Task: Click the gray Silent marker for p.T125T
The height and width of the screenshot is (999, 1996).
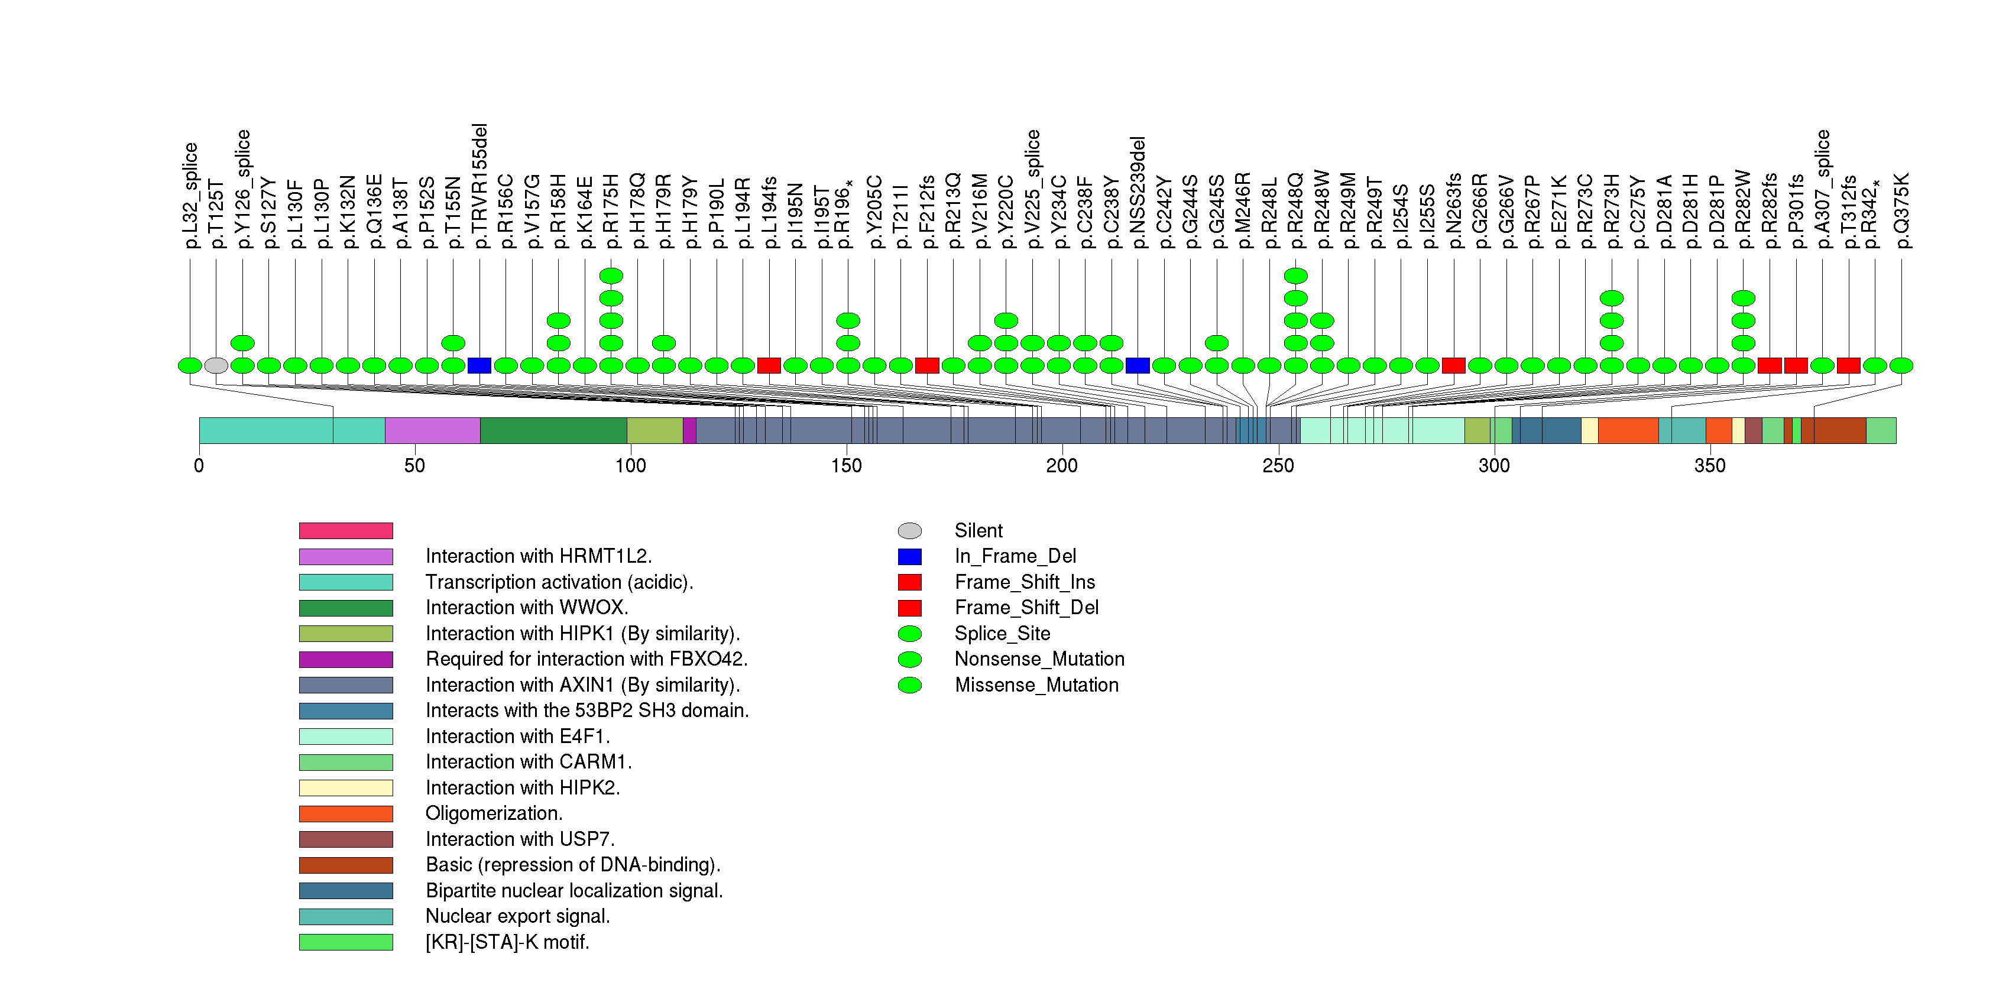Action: click(216, 365)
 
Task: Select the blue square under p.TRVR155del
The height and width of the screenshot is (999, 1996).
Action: click(479, 365)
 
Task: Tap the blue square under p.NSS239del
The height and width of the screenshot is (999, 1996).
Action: click(1138, 365)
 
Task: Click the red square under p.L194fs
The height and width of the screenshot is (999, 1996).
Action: click(769, 365)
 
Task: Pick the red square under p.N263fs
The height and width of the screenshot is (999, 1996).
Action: click(1454, 365)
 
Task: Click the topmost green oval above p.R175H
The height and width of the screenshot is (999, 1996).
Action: click(611, 275)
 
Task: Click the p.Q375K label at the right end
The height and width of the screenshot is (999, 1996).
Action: click(1901, 210)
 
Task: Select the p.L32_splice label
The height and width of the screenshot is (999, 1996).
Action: click(190, 195)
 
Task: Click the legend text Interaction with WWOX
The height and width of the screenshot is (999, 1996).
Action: click(527, 608)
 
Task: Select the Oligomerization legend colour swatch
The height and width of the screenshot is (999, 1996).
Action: click(346, 814)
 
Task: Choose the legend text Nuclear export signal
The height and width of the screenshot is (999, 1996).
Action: click(517, 916)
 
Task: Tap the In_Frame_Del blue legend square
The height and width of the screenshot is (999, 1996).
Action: click(910, 557)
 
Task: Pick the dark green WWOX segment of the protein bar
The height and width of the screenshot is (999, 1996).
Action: click(553, 430)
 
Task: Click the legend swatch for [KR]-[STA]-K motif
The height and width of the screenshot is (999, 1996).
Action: click(346, 942)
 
